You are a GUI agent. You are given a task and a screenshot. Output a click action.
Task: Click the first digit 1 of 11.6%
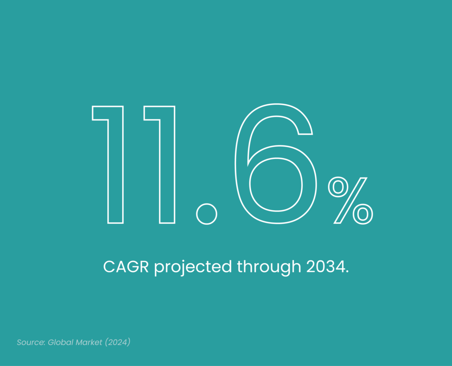[116, 164]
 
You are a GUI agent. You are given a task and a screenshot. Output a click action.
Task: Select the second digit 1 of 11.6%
[167, 164]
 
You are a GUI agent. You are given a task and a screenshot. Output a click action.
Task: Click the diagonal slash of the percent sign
[350, 200]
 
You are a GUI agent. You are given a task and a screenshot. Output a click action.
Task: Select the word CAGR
[126, 267]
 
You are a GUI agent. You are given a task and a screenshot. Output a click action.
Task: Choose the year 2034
[325, 267]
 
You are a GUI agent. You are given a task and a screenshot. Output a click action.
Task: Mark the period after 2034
[347, 272]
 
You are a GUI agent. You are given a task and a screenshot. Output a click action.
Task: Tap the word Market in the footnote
[89, 342]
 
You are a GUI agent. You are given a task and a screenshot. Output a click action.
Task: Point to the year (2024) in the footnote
[117, 342]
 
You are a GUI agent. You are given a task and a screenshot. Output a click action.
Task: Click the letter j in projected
[181, 268]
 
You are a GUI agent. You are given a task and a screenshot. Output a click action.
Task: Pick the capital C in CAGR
[109, 267]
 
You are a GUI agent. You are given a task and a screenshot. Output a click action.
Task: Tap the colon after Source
[45, 343]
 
